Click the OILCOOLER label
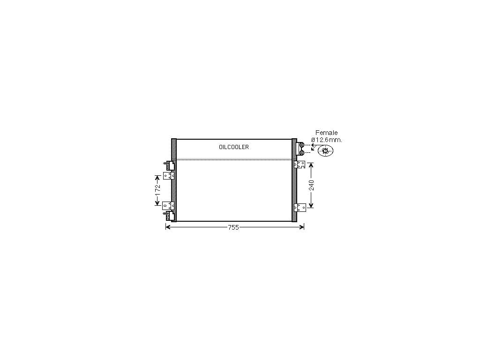(234, 147)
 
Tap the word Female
(327, 133)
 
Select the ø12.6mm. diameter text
(327, 140)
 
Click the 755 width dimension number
(233, 227)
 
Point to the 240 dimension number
(311, 185)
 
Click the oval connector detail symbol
(325, 150)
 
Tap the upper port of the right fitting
(302, 145)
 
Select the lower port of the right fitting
(302, 152)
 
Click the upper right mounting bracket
(300, 165)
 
